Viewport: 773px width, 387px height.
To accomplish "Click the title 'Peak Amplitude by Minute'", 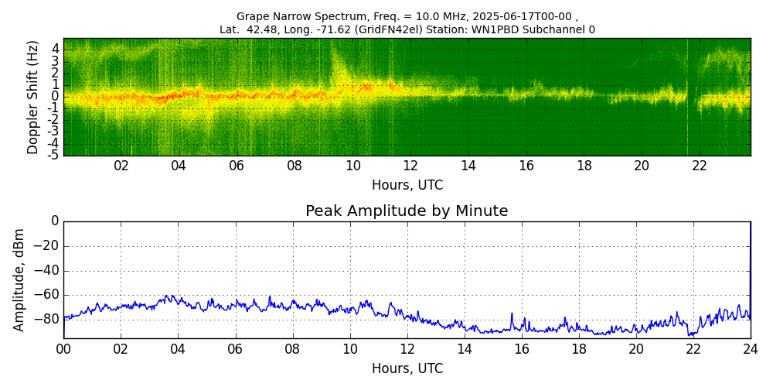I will click(x=407, y=211).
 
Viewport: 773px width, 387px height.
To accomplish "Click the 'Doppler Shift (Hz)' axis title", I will click(x=32, y=98).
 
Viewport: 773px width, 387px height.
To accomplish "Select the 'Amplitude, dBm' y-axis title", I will click(x=20, y=279).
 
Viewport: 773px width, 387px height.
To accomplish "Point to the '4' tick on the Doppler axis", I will click(x=56, y=49).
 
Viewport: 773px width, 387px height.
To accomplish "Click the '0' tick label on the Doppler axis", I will click(x=56, y=97).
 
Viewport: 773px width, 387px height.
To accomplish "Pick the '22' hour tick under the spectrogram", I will click(x=700, y=166).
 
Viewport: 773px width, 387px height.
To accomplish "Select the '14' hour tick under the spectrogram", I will click(x=468, y=166).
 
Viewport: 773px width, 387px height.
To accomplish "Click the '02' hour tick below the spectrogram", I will click(x=121, y=166).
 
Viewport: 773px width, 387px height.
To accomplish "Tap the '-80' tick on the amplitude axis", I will click(x=47, y=319).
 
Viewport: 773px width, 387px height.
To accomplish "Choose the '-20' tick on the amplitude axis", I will click(x=47, y=246).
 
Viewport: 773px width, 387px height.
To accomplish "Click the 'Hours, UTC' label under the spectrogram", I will click(x=407, y=186).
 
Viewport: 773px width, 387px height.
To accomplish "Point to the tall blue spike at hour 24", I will click(x=750, y=263).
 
